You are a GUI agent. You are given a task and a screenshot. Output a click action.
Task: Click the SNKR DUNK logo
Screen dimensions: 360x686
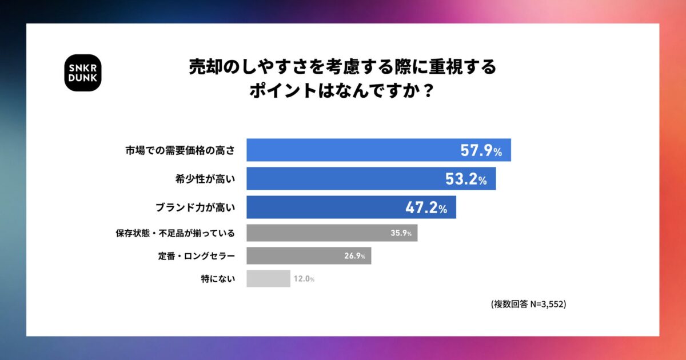(82, 73)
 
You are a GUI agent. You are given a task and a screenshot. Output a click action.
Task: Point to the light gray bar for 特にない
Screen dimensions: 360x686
(268, 279)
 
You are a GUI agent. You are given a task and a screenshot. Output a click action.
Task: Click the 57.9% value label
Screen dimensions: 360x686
(481, 151)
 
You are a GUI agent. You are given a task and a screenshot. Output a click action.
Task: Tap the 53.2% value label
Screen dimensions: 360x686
(466, 179)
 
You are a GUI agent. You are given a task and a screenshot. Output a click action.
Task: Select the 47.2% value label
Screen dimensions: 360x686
(426, 208)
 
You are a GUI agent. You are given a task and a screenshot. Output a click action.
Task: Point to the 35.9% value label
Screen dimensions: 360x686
(401, 233)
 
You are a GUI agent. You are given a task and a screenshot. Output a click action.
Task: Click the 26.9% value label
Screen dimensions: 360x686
(354, 256)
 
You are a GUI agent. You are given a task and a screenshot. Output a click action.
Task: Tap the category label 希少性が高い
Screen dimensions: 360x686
(204, 179)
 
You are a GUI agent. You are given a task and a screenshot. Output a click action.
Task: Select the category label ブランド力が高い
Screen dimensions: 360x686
(196, 208)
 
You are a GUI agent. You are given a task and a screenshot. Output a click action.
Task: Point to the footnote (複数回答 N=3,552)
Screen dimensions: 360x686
(528, 304)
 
